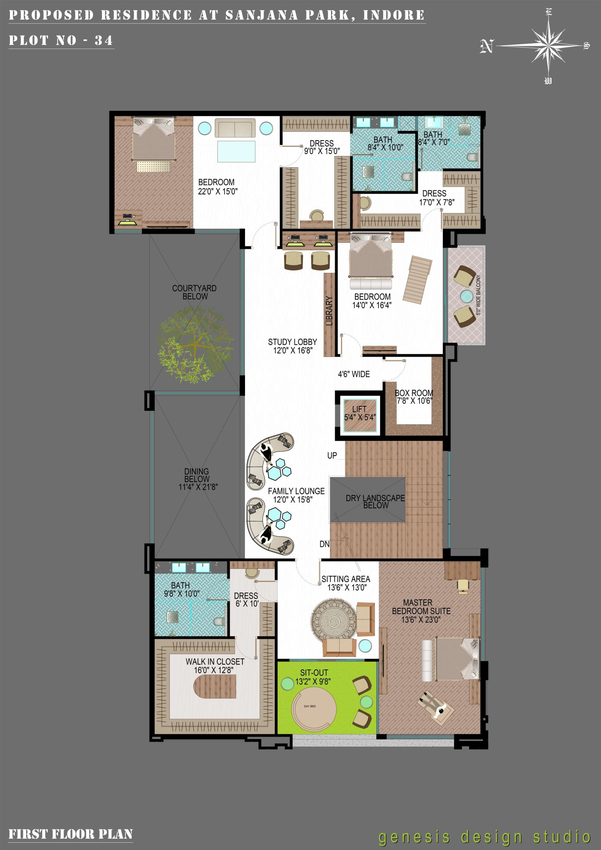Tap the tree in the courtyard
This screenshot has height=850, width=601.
tap(195, 344)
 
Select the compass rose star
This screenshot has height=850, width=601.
tap(548, 45)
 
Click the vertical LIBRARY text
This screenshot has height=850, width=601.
tap(329, 311)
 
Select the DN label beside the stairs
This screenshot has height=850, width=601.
tap(324, 544)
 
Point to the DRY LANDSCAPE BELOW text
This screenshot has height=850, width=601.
tap(375, 502)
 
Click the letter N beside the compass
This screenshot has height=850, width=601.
tap(486, 46)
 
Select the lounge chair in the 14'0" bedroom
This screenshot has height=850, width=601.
tap(417, 280)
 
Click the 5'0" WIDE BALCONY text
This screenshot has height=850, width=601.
tap(478, 295)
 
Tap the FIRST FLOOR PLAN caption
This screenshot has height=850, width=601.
tap(70, 834)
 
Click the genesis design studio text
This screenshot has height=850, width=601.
tap(484, 837)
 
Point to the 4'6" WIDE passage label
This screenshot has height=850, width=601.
tap(354, 374)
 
